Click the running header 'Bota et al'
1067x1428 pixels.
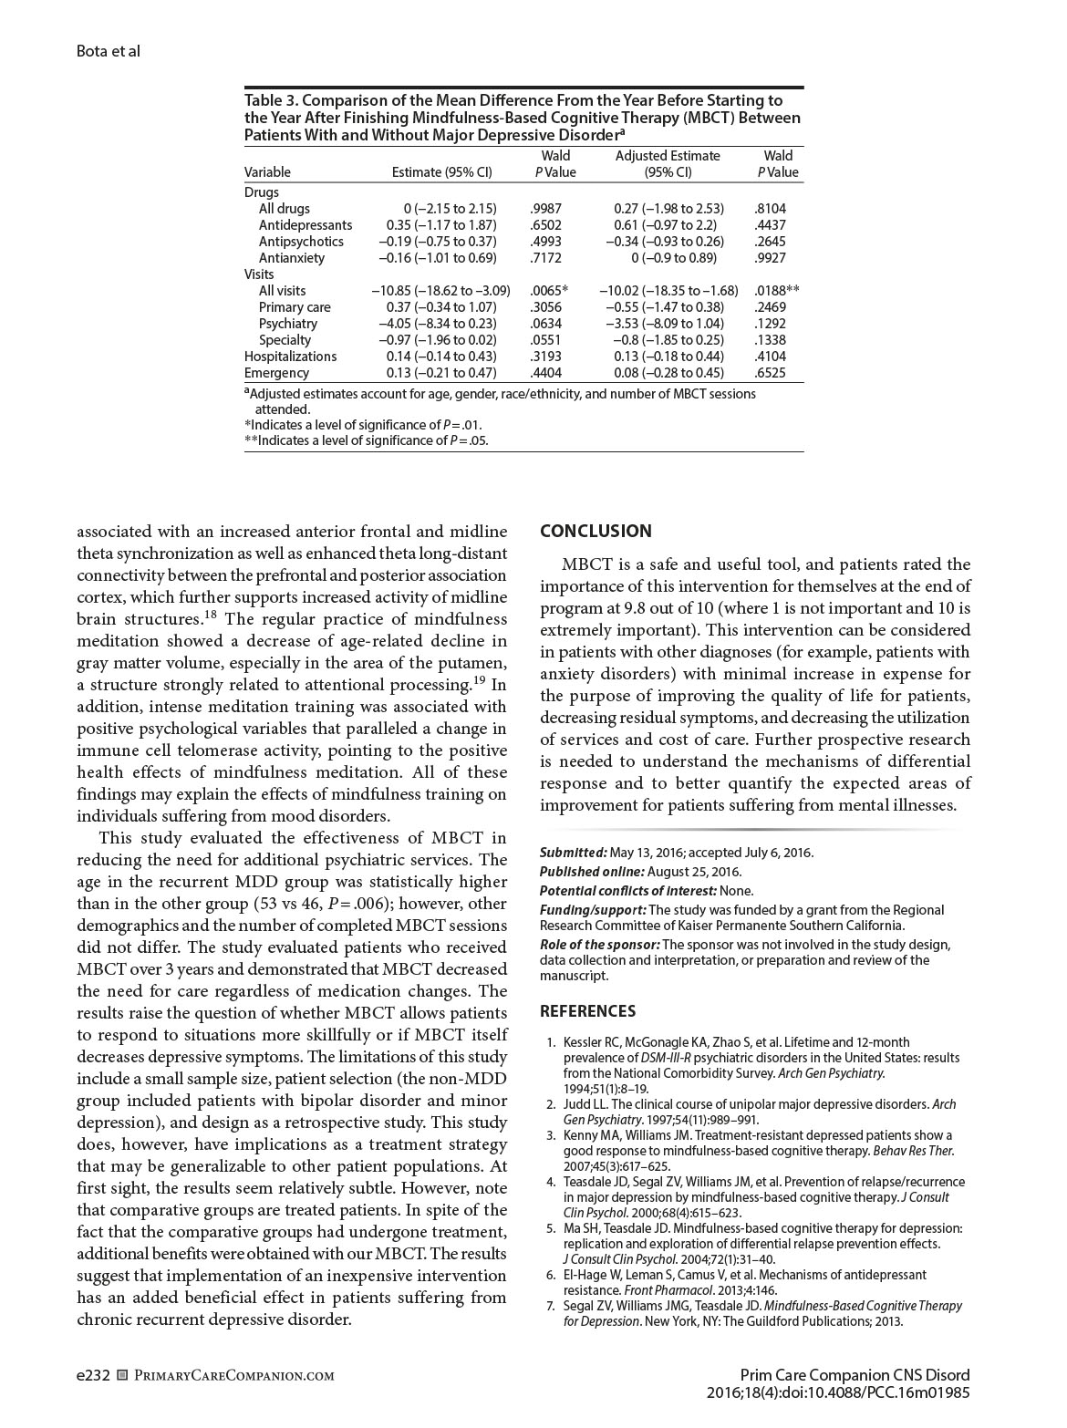point(109,51)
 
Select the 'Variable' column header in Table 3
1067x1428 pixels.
point(267,172)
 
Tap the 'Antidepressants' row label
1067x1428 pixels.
point(305,225)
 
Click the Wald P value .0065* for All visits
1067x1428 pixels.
point(548,291)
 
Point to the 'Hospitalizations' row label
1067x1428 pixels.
point(290,357)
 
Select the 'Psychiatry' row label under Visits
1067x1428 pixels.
point(287,324)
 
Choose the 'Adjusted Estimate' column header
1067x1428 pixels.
point(668,156)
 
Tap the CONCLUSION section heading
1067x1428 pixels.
point(596,532)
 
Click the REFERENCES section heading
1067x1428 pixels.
point(587,1011)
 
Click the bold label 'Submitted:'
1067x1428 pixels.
point(573,853)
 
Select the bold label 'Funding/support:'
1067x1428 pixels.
point(593,910)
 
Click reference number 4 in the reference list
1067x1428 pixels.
point(551,1182)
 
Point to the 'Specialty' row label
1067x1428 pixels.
point(285,340)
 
